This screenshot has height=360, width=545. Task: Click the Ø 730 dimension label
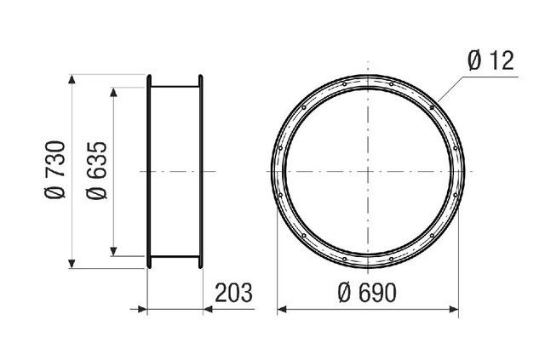pos(54,169)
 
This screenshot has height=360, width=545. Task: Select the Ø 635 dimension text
pos(96,170)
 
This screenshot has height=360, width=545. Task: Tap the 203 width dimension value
pos(233,293)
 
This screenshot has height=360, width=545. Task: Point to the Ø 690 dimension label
pos(367,293)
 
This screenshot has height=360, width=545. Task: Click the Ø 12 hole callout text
pos(490,60)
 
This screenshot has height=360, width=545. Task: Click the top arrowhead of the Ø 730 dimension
pos(72,79)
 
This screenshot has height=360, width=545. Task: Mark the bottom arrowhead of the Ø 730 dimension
pos(72,264)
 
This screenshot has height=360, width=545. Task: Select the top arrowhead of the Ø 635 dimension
pos(113,92)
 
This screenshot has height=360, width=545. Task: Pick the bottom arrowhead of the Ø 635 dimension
pos(113,251)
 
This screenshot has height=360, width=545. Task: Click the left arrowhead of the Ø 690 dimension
pos(282,309)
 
